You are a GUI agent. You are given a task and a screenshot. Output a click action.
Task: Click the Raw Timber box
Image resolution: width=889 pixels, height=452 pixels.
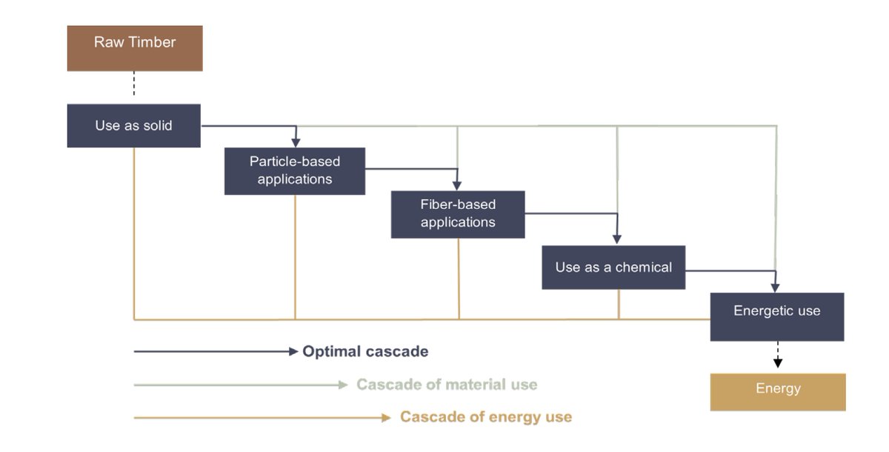click(135, 48)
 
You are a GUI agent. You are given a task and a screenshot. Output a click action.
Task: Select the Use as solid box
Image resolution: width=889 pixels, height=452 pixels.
click(134, 126)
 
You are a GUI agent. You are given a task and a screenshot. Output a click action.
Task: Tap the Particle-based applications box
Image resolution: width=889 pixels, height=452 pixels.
click(295, 171)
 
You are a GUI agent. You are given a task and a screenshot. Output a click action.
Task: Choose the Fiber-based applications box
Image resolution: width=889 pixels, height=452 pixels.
click(458, 214)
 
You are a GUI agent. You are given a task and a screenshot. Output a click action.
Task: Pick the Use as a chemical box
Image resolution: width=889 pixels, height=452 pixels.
click(613, 267)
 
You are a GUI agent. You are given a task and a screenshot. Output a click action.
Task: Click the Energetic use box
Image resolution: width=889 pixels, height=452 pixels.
click(777, 316)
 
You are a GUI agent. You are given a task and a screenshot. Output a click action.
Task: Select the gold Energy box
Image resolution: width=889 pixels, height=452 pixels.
click(778, 392)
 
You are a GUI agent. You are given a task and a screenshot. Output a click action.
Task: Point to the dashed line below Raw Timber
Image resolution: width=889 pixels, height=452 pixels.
click(134, 83)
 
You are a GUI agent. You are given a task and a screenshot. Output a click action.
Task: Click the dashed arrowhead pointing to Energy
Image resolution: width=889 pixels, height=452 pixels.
click(778, 362)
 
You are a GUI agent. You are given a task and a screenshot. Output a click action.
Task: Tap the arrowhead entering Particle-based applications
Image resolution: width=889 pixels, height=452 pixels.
click(296, 142)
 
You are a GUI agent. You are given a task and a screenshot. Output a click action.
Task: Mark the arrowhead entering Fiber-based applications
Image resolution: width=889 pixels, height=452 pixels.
click(457, 186)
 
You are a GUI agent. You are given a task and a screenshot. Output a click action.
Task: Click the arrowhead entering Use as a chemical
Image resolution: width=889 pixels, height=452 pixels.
click(616, 239)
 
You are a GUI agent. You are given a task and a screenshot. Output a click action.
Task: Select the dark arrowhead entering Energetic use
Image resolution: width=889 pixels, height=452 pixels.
click(775, 288)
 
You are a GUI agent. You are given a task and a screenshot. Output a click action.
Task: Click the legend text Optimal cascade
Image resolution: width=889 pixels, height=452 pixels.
click(365, 351)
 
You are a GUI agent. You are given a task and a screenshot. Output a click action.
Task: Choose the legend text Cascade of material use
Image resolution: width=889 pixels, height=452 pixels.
click(447, 385)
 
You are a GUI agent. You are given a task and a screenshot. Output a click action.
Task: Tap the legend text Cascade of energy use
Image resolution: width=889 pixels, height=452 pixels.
click(486, 416)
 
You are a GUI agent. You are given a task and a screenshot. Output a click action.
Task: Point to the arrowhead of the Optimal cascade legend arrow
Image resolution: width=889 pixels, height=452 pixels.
click(293, 351)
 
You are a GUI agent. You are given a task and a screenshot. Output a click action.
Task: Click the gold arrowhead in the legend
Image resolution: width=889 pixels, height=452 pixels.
click(386, 417)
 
